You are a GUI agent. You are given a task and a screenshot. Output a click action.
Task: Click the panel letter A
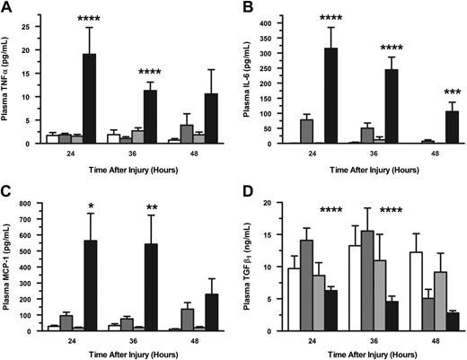(7, 7)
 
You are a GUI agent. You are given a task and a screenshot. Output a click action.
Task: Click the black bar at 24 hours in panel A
(90, 99)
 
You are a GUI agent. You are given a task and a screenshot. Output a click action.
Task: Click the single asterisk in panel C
(91, 208)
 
